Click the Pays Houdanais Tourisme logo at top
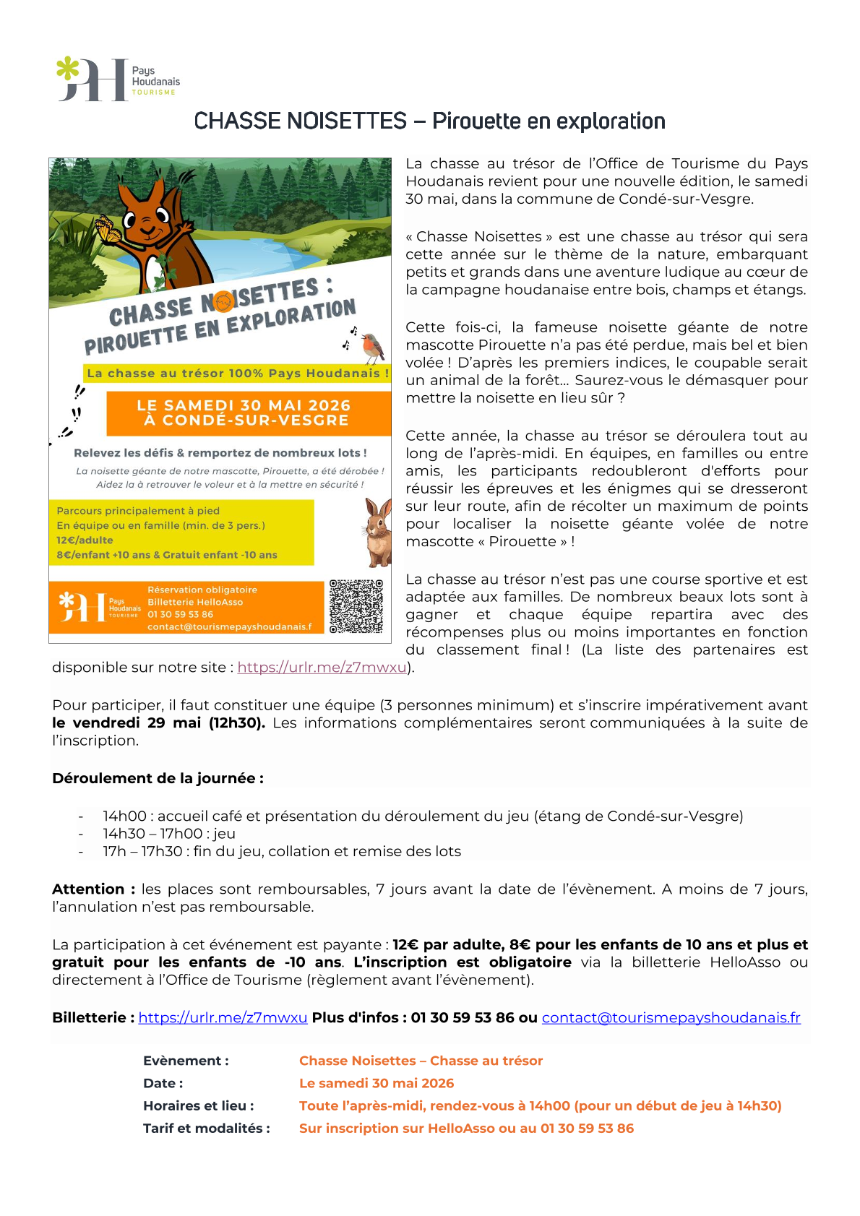tap(118, 80)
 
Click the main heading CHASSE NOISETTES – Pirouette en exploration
tap(429, 121)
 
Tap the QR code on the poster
tap(356, 606)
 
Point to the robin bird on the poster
tap(372, 348)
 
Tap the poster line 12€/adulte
tap(85, 540)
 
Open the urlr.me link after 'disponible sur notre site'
tap(322, 668)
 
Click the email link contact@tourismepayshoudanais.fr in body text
tap(671, 1017)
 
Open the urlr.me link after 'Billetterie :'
tap(223, 1017)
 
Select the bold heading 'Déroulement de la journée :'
tap(158, 778)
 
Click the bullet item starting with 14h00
tap(423, 816)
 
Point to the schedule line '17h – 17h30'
tap(282, 851)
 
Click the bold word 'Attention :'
tap(93, 889)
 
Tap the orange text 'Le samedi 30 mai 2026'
tap(377, 1083)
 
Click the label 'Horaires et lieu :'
tap(199, 1105)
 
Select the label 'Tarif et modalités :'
tap(207, 1128)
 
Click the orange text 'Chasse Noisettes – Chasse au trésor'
tap(421, 1061)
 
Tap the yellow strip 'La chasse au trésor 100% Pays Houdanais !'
tap(238, 374)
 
